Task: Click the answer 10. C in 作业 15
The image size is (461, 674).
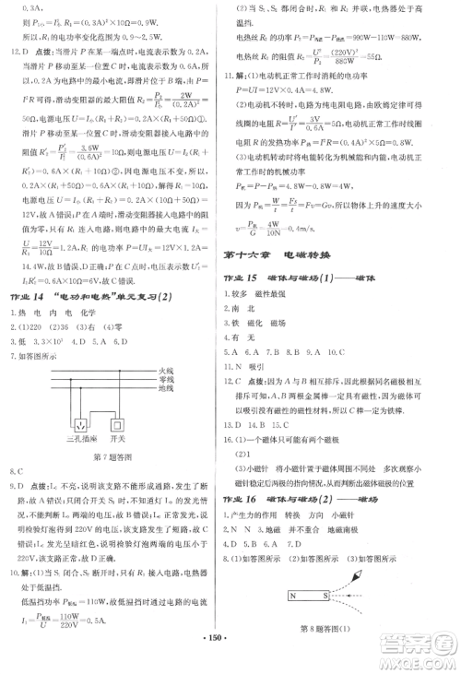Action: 331,351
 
